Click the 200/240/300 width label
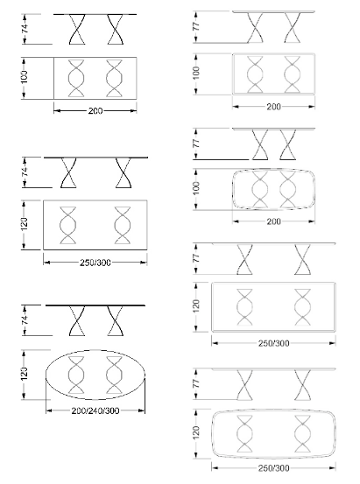point(95,410)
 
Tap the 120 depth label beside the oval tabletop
point(25,374)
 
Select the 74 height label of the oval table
point(25,319)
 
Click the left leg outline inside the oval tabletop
point(76,375)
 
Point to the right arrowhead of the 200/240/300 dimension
point(142,410)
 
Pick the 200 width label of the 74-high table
point(95,111)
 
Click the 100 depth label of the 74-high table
point(25,77)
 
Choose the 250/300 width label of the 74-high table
point(95,263)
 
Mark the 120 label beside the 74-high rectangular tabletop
point(25,224)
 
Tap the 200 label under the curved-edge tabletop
point(273,221)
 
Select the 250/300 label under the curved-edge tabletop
point(273,468)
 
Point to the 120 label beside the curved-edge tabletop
point(196,433)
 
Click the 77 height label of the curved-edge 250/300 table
point(196,383)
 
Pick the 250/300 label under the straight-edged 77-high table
point(273,343)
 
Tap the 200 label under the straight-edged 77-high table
point(273,107)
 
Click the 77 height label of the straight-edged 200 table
point(196,26)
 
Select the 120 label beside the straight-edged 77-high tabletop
point(196,305)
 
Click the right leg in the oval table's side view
point(115,321)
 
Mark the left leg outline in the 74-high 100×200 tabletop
point(76,78)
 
